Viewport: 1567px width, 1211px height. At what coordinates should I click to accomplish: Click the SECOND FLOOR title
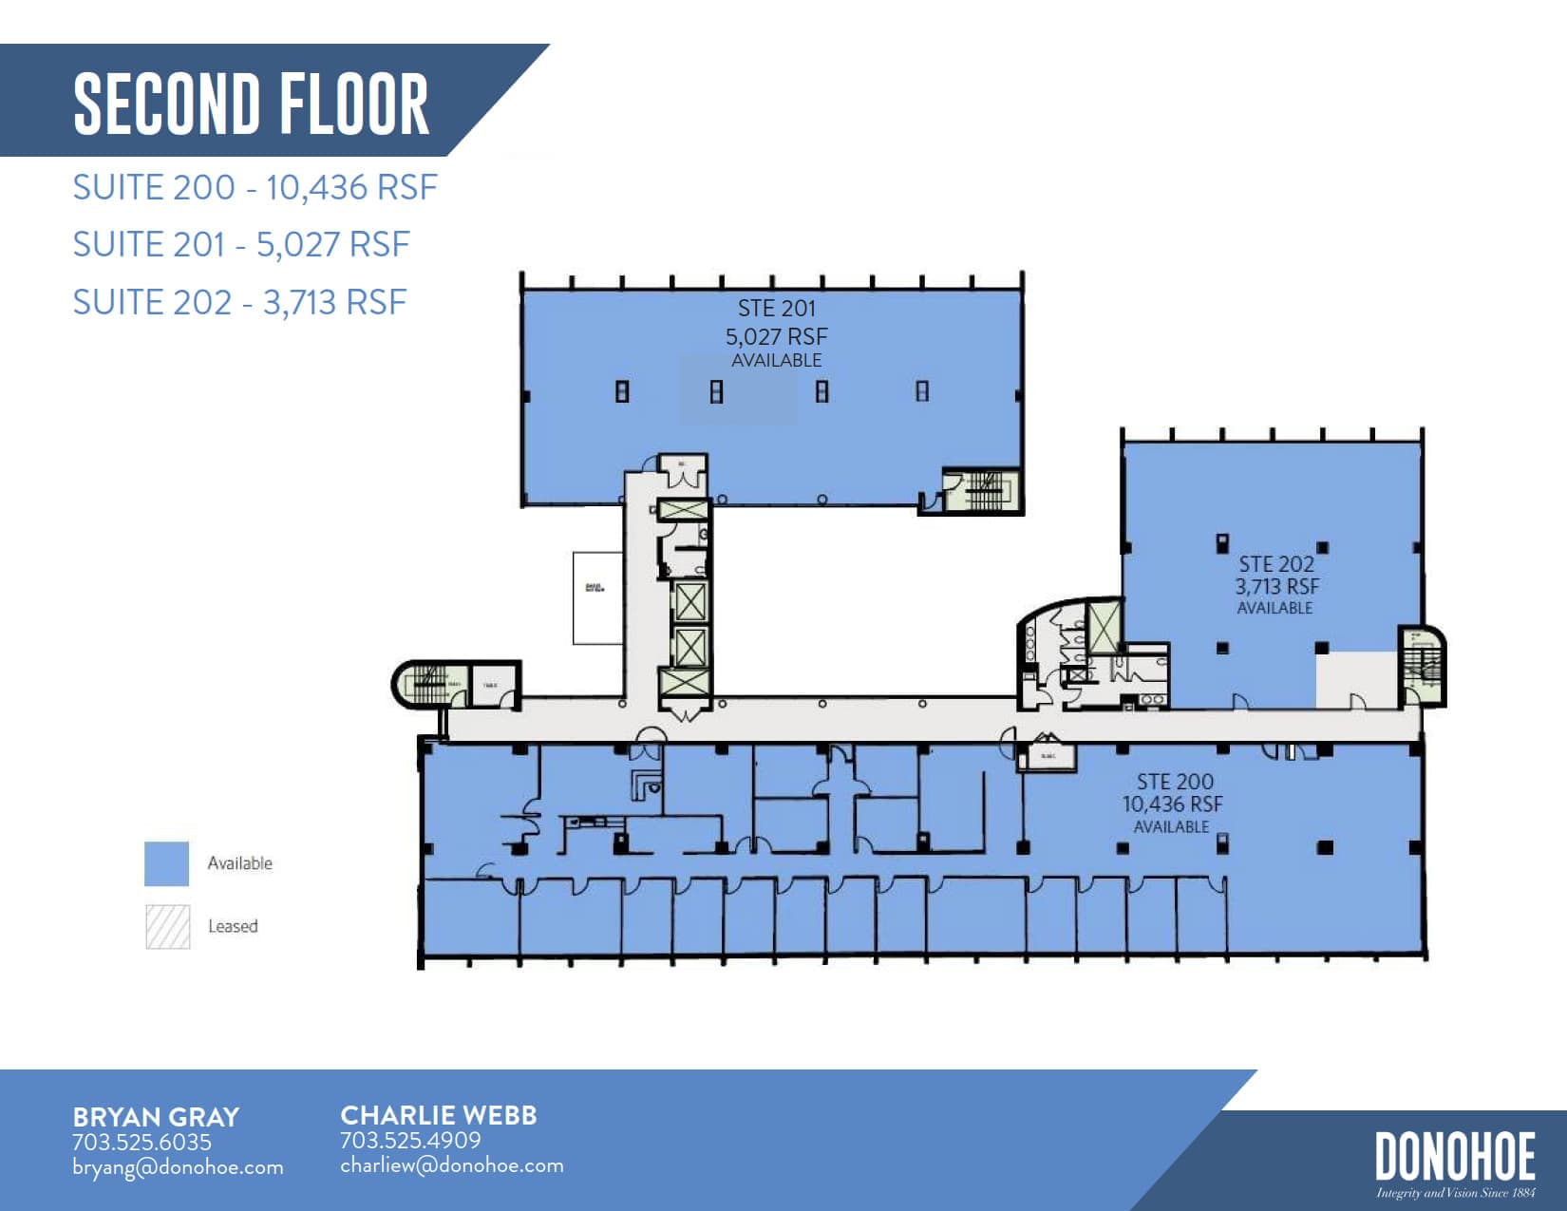click(x=252, y=103)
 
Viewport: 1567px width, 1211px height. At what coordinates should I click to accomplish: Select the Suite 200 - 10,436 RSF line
click(x=255, y=187)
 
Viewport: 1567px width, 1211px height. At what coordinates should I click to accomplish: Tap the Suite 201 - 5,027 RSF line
click(x=241, y=244)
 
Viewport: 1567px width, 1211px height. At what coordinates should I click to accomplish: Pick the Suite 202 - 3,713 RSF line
click(x=239, y=302)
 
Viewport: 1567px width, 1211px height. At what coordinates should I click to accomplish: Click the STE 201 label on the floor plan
click(x=776, y=309)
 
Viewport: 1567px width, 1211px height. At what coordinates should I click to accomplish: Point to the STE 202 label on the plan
click(x=1275, y=564)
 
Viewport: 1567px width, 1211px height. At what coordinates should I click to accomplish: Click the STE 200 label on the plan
click(x=1175, y=782)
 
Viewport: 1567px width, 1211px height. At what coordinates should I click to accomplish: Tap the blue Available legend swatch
click(x=166, y=863)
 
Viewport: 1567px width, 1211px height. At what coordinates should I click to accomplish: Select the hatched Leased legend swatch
click(x=167, y=926)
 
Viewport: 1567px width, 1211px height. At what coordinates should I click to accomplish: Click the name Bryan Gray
click(x=156, y=1117)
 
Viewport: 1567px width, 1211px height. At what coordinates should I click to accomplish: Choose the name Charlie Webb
click(x=439, y=1115)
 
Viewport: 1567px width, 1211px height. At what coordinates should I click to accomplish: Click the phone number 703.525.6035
click(x=142, y=1142)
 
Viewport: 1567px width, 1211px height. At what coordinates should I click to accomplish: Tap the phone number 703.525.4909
click(x=410, y=1140)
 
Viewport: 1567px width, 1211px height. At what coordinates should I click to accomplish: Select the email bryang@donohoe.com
click(x=178, y=1167)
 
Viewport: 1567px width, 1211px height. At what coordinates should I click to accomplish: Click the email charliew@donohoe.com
click(x=452, y=1165)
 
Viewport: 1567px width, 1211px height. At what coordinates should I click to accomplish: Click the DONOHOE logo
click(x=1455, y=1157)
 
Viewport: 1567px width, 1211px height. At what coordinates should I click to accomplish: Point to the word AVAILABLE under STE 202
click(x=1274, y=608)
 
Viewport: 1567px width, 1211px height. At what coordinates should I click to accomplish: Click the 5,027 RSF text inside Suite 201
click(x=776, y=336)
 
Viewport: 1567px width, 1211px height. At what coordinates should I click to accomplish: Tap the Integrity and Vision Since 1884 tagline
click(x=1455, y=1193)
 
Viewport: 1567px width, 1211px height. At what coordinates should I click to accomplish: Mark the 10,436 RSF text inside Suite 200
click(x=1172, y=804)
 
